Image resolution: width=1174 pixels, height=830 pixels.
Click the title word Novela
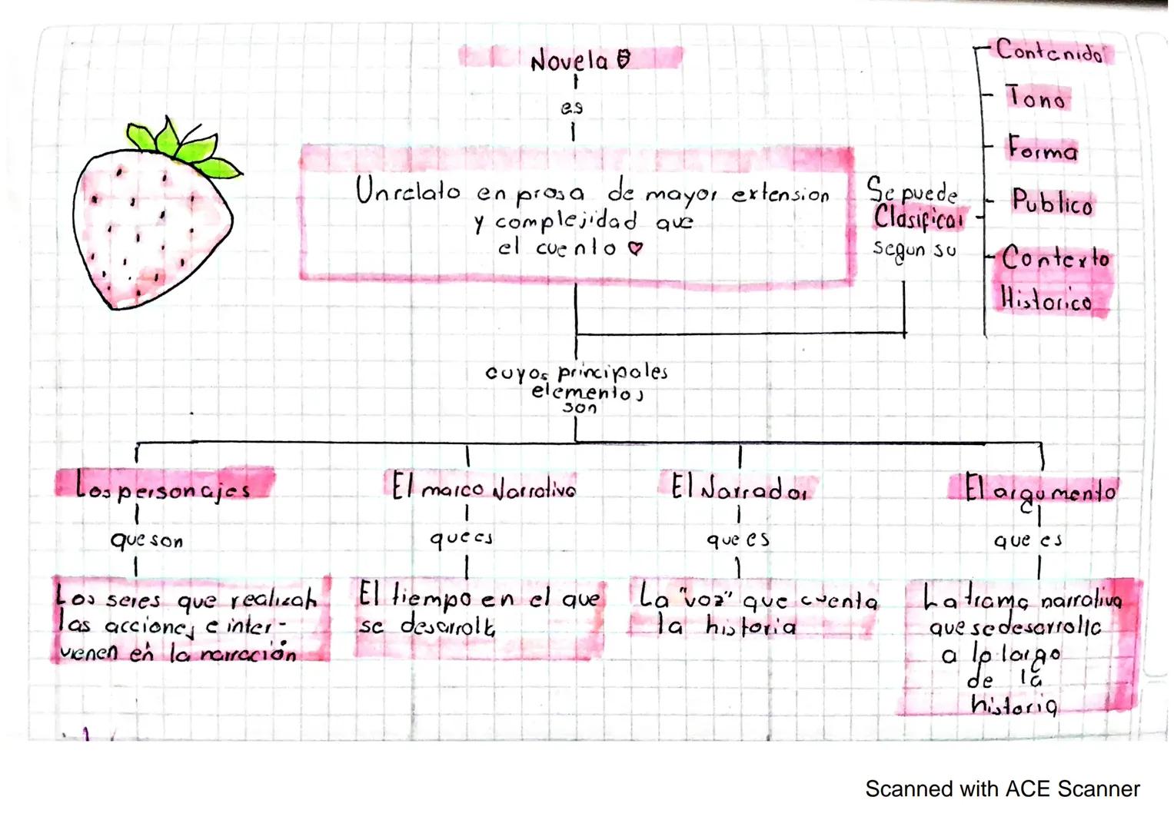569,60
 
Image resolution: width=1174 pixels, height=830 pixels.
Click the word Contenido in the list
1049,51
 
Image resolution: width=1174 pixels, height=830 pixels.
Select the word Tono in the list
1036,98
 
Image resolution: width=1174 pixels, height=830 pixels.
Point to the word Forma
1043,148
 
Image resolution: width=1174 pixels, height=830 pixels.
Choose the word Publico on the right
1052,203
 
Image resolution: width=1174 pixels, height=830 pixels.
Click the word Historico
1046,299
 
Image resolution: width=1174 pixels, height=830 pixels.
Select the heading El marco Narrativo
483,488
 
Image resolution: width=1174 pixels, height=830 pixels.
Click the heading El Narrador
738,488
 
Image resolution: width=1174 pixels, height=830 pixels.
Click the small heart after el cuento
634,248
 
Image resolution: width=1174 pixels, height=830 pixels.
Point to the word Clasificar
918,218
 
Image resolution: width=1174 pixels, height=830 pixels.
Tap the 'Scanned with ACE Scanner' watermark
1002,789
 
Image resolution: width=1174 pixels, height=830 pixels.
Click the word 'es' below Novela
571,108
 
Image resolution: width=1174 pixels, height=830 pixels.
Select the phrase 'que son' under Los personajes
147,540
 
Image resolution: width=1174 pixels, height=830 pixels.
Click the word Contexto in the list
1056,258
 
